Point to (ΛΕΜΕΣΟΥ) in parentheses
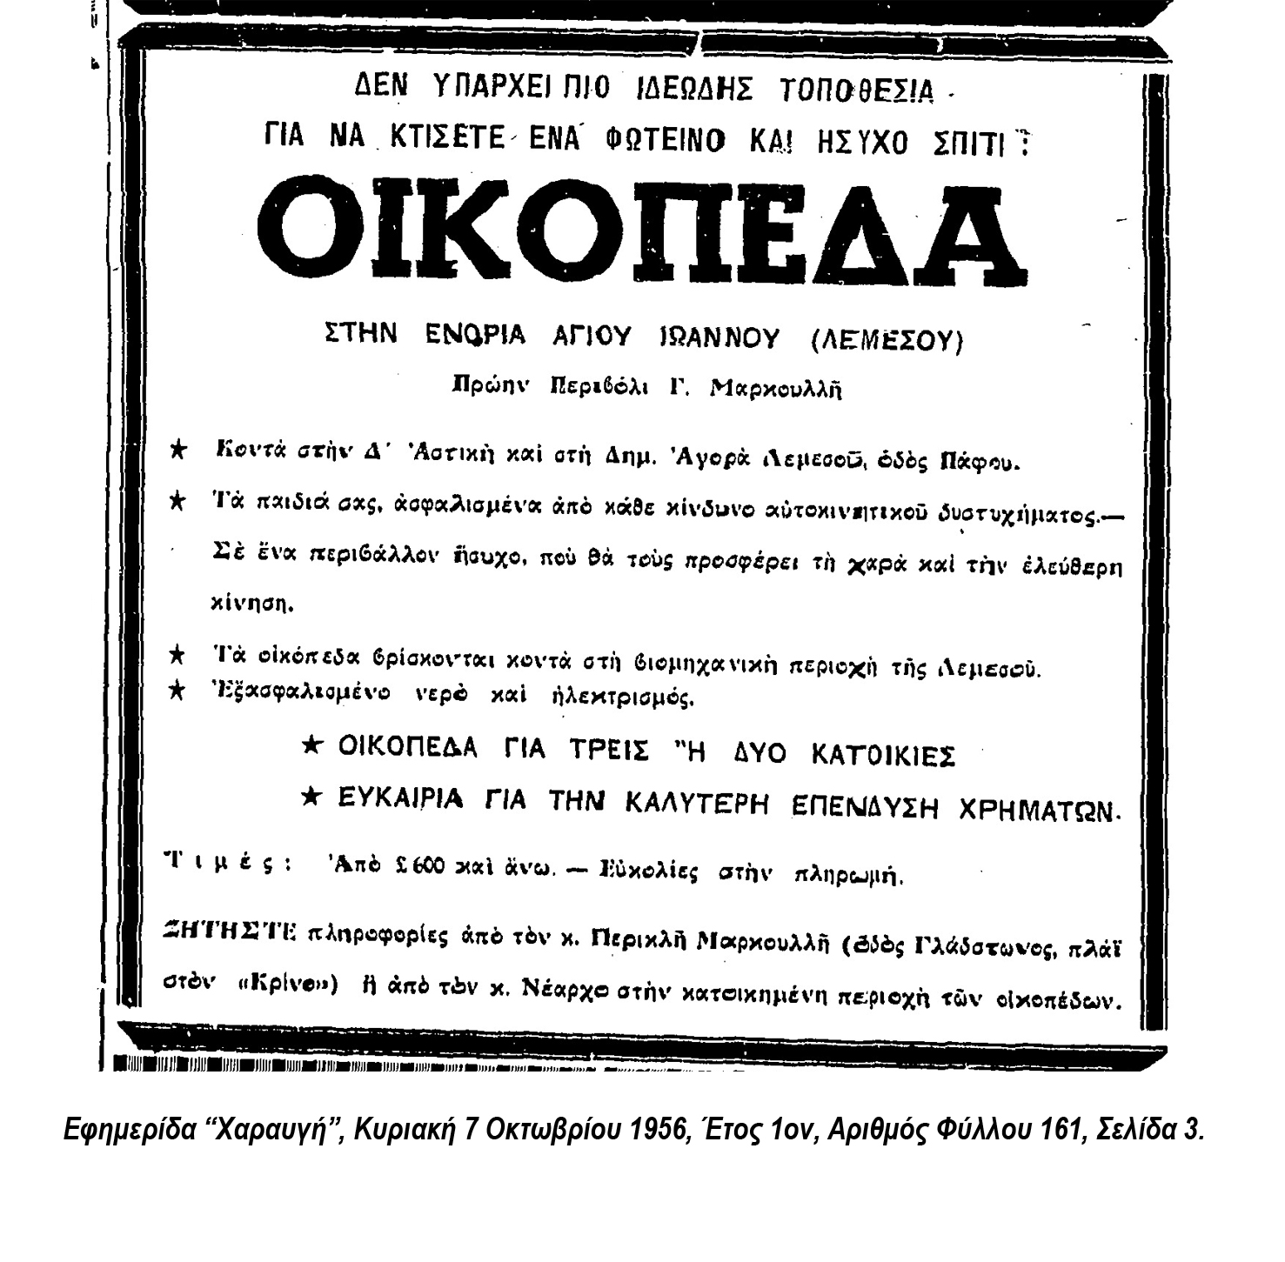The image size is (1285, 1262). [x=887, y=340]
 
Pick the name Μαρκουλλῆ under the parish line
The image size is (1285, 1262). [x=776, y=390]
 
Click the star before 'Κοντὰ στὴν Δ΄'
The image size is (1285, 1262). [x=177, y=450]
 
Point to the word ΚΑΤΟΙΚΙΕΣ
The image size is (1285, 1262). [x=883, y=755]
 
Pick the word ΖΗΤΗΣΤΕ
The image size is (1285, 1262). [x=231, y=931]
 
